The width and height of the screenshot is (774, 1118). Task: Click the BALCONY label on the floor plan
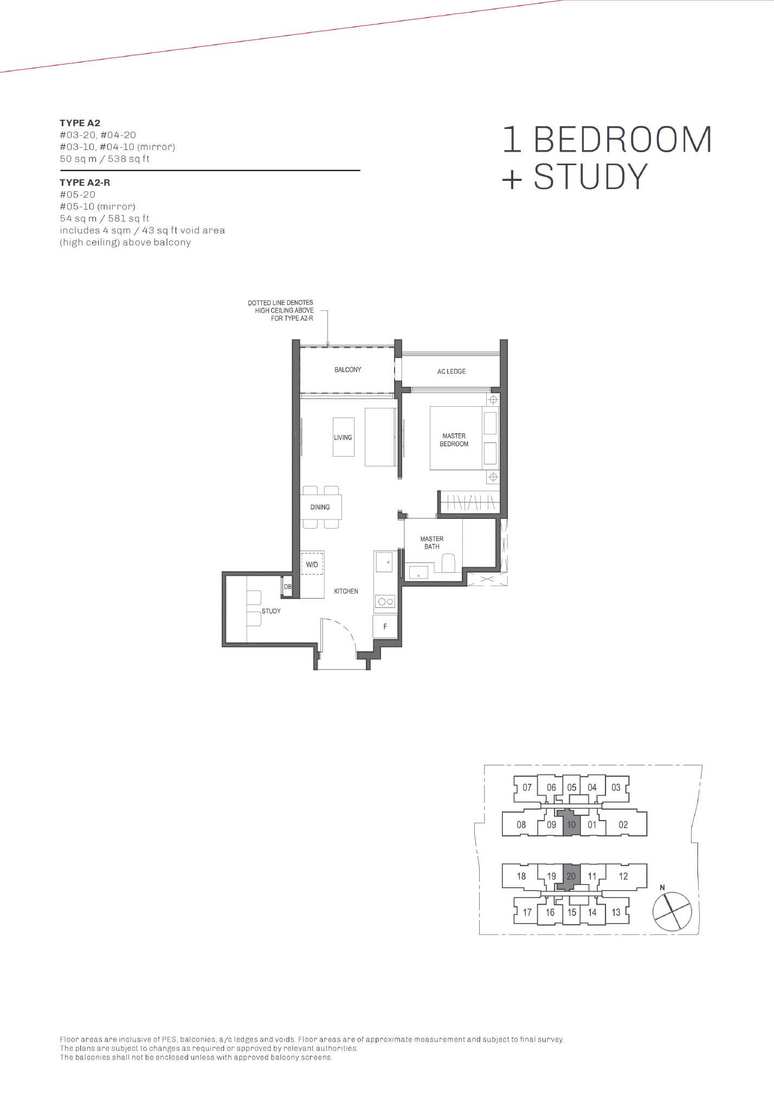tap(347, 369)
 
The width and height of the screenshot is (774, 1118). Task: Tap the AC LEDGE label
tap(451, 372)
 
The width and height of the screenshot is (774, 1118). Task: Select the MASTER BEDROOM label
tap(454, 440)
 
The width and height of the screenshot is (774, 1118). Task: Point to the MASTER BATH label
tap(432, 543)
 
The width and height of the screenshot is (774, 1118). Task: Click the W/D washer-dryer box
tap(312, 563)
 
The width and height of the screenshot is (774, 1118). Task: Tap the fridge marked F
tap(385, 626)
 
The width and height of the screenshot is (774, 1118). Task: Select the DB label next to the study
tap(288, 587)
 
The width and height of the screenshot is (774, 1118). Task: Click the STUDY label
tap(271, 611)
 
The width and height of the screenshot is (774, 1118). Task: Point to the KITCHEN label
tap(346, 591)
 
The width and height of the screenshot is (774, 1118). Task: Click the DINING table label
tap(320, 508)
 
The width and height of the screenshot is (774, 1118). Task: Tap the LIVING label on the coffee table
tap(343, 438)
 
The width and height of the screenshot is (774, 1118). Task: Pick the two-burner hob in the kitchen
tap(385, 601)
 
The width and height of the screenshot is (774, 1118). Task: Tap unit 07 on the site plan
tap(527, 788)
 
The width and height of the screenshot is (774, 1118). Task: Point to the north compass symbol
tap(672, 912)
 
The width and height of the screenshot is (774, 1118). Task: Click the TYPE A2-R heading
tap(85, 183)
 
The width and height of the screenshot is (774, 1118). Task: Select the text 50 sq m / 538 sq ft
tap(105, 159)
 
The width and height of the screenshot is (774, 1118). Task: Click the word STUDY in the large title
tap(590, 176)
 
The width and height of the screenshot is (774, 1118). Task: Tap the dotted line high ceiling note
tap(281, 310)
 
